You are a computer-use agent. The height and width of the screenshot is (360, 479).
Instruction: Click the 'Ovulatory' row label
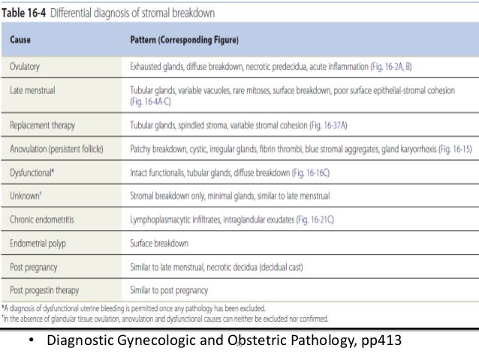pos(26,66)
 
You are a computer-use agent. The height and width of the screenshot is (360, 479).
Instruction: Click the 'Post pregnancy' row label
pos(37,266)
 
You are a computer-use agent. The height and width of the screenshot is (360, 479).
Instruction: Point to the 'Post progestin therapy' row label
pos(49,291)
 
